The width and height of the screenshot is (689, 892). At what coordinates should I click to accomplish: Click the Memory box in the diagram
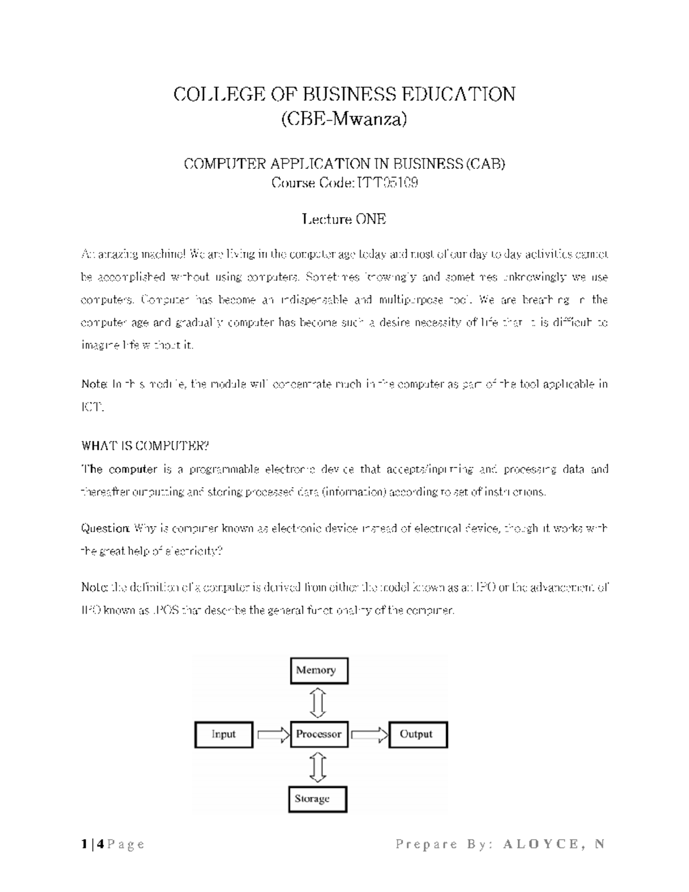click(x=319, y=670)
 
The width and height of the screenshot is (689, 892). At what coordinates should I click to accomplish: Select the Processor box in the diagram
click(x=319, y=734)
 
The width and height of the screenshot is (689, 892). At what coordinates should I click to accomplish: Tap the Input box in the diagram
click(x=224, y=735)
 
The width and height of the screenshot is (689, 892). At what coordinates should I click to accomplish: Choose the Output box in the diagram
click(x=417, y=735)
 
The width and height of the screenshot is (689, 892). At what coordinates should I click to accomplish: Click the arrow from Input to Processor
click(x=272, y=734)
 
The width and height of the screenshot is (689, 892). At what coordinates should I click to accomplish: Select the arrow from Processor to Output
click(x=369, y=734)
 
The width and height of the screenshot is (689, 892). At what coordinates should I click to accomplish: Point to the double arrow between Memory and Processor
click(x=318, y=702)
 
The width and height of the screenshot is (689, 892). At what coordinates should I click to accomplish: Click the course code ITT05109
click(x=388, y=183)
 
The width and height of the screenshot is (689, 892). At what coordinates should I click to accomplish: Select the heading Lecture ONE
click(x=344, y=219)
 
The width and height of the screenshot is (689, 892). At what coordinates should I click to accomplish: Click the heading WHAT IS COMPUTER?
click(x=146, y=446)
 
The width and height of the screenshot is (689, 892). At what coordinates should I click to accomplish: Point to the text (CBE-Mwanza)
click(x=344, y=119)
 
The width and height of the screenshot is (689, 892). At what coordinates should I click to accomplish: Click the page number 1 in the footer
click(x=84, y=844)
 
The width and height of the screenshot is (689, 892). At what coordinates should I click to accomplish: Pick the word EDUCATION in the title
click(x=457, y=94)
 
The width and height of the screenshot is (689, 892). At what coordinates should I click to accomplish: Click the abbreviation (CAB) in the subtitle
click(x=485, y=164)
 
